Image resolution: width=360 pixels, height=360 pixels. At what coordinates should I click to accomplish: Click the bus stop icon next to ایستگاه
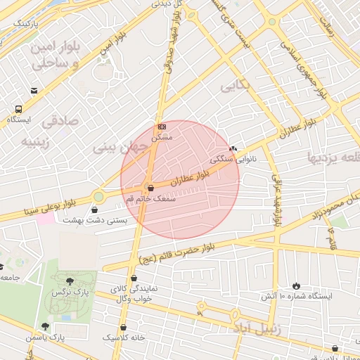[18, 109]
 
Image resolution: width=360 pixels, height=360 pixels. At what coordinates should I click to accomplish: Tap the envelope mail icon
[34, 91]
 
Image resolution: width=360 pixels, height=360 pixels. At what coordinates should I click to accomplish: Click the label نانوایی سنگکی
[236, 159]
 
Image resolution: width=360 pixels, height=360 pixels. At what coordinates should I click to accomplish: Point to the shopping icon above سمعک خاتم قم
[150, 188]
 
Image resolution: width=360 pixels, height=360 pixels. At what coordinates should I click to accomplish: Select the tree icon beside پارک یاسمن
[46, 326]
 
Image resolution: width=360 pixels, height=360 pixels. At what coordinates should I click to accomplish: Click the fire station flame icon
[296, 285]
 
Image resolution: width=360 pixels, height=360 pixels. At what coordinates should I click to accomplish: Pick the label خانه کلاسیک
[124, 337]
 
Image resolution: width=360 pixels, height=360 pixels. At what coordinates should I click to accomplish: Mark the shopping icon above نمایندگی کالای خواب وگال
[134, 278]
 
